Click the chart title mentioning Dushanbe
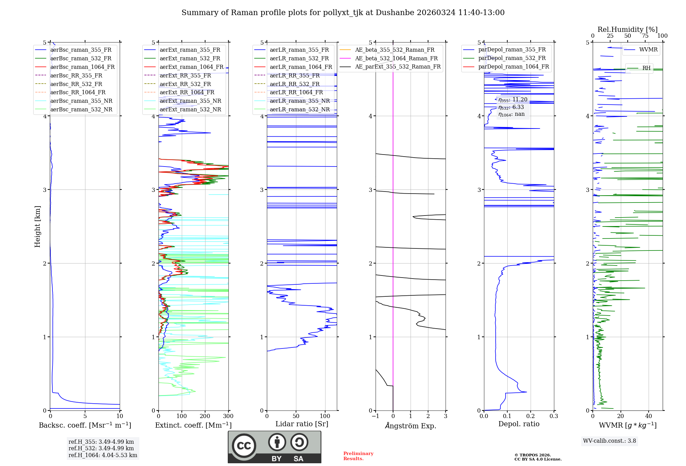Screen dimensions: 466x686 [x=343, y=13]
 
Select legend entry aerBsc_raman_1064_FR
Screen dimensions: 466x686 [x=82, y=67]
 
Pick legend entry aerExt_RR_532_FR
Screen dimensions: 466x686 [x=185, y=84]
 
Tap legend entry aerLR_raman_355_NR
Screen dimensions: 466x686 [x=299, y=101]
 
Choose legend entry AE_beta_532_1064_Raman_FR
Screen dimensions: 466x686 [x=396, y=58]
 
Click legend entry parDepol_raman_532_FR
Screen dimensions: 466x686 [x=512, y=58]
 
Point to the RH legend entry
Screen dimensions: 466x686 [x=646, y=68]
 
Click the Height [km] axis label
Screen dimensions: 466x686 [x=37, y=226]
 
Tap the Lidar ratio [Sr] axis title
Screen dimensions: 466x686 [x=302, y=424]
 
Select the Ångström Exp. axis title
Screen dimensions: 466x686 [x=411, y=426]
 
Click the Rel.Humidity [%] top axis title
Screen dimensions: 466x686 [x=627, y=29]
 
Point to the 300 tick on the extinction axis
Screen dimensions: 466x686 [x=228, y=416]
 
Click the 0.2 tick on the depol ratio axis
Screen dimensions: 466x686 [x=531, y=416]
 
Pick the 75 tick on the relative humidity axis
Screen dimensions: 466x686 [x=645, y=36]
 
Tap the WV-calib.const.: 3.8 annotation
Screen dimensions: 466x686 [x=610, y=441]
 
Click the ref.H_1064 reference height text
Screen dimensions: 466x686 [x=103, y=455]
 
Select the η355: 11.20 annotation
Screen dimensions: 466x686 [x=513, y=100]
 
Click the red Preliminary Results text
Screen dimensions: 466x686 [x=358, y=456]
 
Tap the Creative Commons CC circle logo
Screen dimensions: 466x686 [x=244, y=446]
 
